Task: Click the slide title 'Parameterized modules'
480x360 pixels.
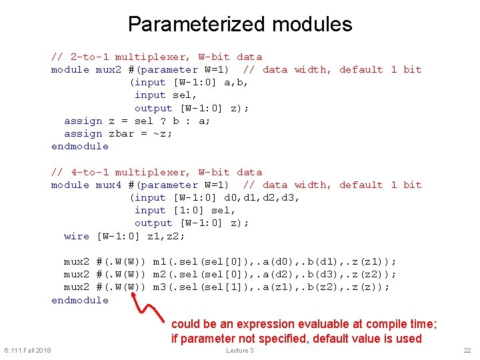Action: click(240, 25)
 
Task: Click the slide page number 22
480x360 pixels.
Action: click(467, 351)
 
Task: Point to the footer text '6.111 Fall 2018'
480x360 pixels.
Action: click(27, 351)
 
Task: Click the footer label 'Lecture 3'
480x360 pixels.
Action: click(240, 351)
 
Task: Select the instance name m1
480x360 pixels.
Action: click(159, 261)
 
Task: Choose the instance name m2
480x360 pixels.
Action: click(159, 274)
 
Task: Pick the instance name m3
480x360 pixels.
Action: click(159, 287)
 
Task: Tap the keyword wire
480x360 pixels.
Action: click(76, 236)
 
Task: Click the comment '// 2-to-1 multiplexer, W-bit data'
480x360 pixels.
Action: click(157, 57)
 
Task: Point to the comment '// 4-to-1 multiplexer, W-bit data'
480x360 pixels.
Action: click(157, 172)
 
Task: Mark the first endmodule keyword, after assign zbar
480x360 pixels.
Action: click(79, 146)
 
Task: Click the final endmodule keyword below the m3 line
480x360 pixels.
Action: click(79, 300)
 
